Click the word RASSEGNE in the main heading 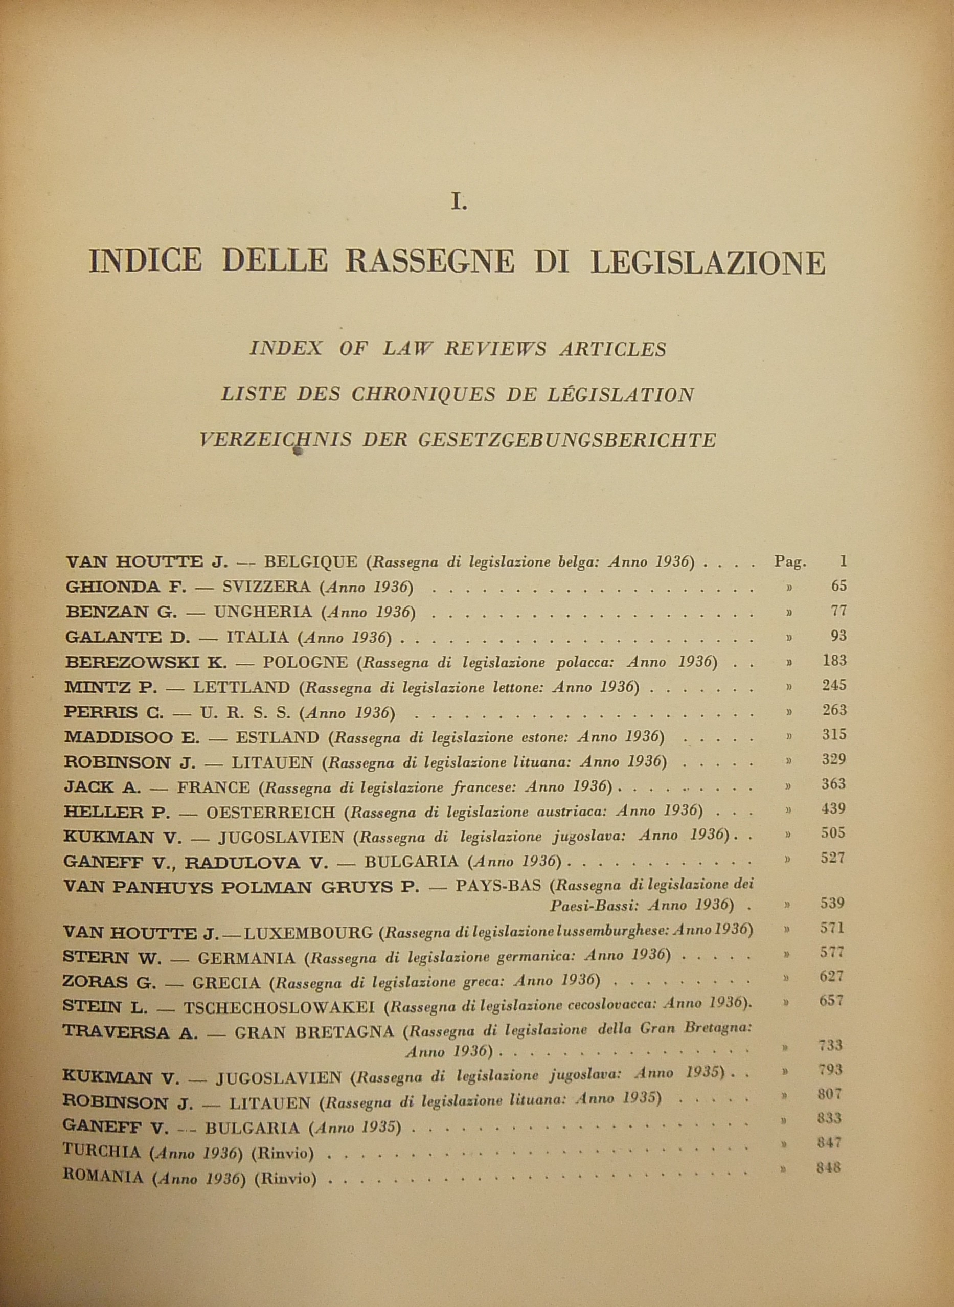point(429,261)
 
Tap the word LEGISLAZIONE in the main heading point(709,262)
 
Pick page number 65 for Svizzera point(838,585)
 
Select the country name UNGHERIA point(263,612)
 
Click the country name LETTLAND point(241,687)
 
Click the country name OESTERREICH point(271,812)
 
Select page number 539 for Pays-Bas point(833,903)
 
